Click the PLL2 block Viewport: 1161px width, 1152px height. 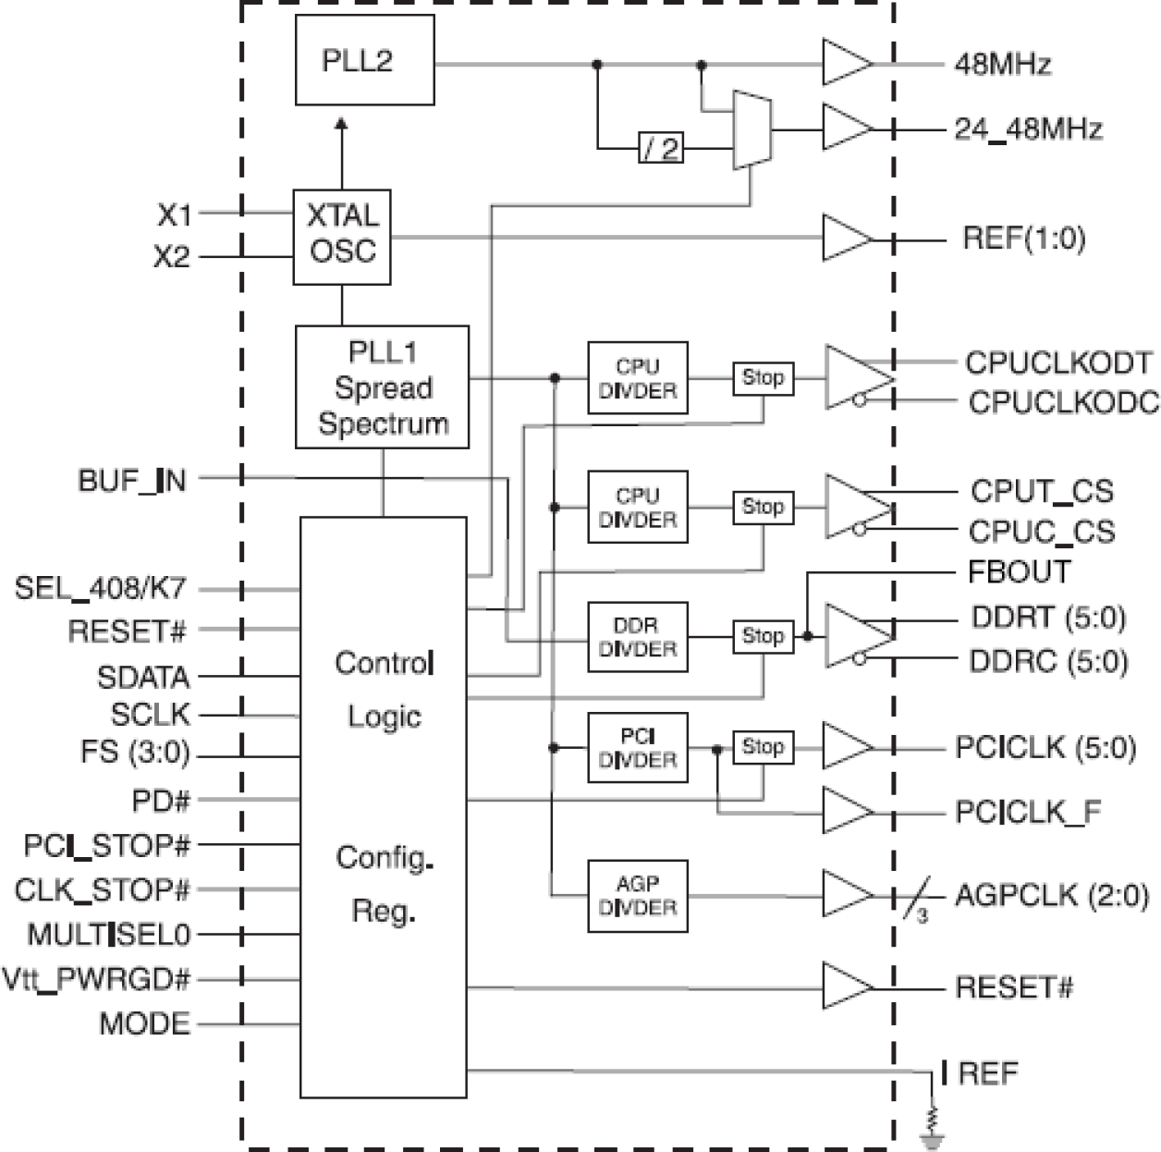(x=364, y=60)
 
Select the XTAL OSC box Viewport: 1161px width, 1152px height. (x=342, y=237)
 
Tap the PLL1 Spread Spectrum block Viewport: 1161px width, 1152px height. (x=382, y=387)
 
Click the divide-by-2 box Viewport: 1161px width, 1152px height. (x=661, y=148)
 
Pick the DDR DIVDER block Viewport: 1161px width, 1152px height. (x=638, y=637)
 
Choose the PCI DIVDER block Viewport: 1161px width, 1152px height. (x=638, y=748)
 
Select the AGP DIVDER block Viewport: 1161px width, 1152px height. (x=638, y=896)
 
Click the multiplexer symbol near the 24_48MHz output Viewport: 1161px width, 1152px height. (x=752, y=129)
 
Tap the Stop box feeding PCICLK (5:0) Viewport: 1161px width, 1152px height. (x=763, y=747)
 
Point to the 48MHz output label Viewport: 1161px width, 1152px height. (x=1003, y=65)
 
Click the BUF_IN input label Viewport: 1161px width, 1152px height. (x=132, y=481)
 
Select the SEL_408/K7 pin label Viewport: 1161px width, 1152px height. (x=100, y=588)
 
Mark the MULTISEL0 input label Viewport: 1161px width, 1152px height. (x=108, y=935)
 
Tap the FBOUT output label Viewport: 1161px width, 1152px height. (x=1019, y=572)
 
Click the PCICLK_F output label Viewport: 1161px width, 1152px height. (x=1028, y=813)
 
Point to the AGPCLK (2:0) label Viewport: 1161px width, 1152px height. (x=1052, y=896)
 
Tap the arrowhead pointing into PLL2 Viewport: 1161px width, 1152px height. (x=341, y=123)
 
